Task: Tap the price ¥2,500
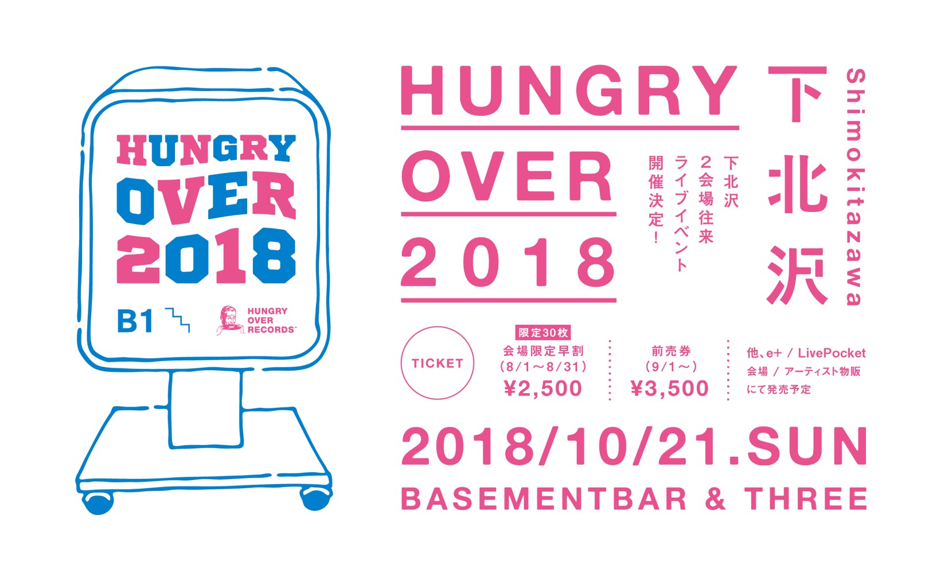click(x=542, y=388)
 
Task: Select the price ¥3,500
click(x=669, y=388)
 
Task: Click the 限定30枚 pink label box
click(x=542, y=333)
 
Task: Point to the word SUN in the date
click(x=807, y=446)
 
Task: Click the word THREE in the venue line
click(x=806, y=499)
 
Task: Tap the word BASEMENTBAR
click(x=544, y=499)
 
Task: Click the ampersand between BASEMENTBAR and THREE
click(x=715, y=499)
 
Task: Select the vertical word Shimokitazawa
click(x=856, y=187)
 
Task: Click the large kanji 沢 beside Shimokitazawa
click(x=797, y=276)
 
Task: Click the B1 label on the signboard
click(x=135, y=321)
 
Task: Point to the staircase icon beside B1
click(x=177, y=320)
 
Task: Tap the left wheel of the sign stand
click(x=98, y=503)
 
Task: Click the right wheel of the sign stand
click(x=315, y=499)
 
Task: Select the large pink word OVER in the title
click(x=506, y=176)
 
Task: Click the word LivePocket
click(x=831, y=354)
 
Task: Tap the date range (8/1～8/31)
click(x=542, y=367)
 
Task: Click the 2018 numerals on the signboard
click(x=206, y=256)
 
